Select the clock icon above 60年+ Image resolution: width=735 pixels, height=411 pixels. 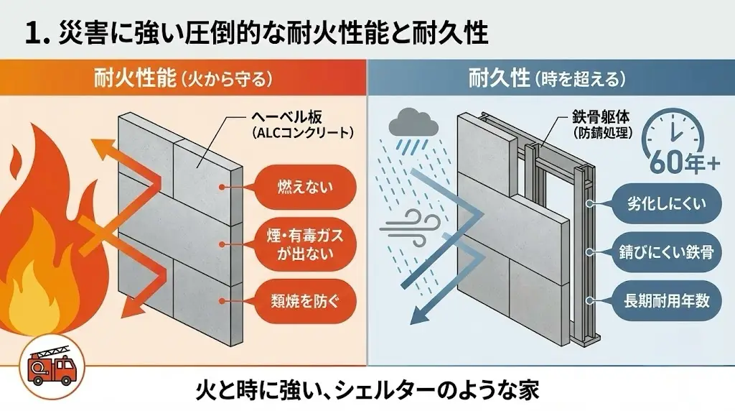tap(675, 133)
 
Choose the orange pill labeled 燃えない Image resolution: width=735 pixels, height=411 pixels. tap(296, 188)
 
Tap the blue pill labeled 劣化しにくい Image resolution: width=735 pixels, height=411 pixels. tap(662, 203)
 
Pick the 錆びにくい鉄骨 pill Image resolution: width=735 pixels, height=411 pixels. tap(662, 252)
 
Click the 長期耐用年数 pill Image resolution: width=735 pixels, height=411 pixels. tap(662, 300)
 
